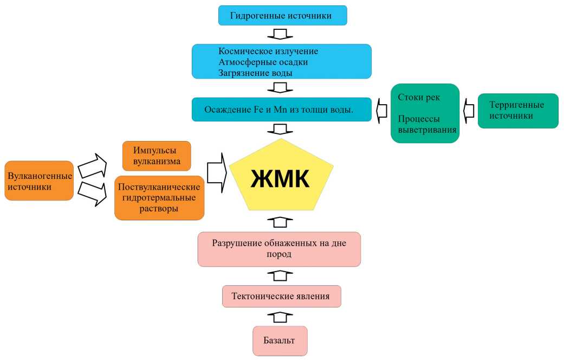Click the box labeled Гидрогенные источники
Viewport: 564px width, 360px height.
click(282, 15)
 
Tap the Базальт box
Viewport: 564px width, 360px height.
click(280, 340)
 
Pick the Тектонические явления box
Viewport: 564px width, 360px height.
click(281, 297)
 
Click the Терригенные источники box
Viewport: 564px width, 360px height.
click(517, 111)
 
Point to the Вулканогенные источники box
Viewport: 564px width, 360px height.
click(38, 181)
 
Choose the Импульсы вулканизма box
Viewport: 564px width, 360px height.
click(157, 156)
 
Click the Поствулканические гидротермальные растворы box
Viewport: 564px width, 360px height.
click(159, 197)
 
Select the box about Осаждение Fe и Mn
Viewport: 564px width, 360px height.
click(281, 110)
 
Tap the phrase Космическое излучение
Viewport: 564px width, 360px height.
click(268, 51)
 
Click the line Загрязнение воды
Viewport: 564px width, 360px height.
click(256, 72)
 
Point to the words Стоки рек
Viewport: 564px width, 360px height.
click(419, 98)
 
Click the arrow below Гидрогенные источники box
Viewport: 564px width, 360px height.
click(280, 34)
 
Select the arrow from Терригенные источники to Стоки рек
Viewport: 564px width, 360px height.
click(468, 110)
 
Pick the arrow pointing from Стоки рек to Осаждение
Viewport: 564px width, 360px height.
click(381, 110)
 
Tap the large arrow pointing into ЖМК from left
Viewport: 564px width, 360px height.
click(216, 172)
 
